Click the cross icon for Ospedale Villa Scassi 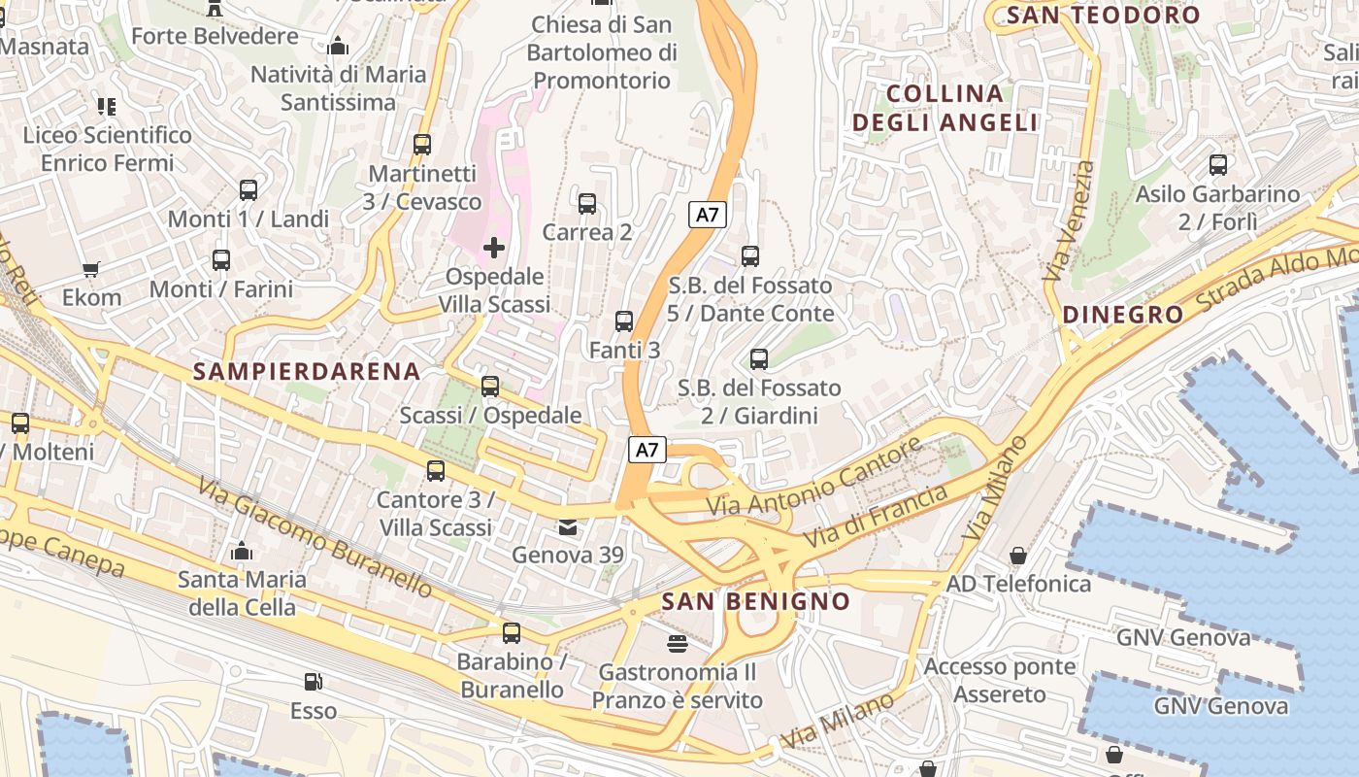tap(494, 248)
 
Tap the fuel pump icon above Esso tap(313, 682)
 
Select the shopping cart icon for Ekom tap(91, 269)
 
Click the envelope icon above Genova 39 tap(567, 527)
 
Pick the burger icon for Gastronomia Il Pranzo tap(677, 643)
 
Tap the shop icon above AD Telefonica tap(1017, 556)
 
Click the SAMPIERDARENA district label tap(307, 371)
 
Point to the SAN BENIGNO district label tap(755, 601)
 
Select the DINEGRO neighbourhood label tap(1123, 315)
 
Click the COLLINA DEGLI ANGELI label tap(945, 108)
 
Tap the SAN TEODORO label tap(1104, 16)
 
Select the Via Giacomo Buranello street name tap(315, 536)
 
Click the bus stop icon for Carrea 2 tap(586, 204)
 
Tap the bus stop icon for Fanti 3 tap(624, 321)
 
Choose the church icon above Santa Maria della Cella tap(242, 552)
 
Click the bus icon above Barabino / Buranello tap(512, 633)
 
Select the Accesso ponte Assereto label tap(999, 681)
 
